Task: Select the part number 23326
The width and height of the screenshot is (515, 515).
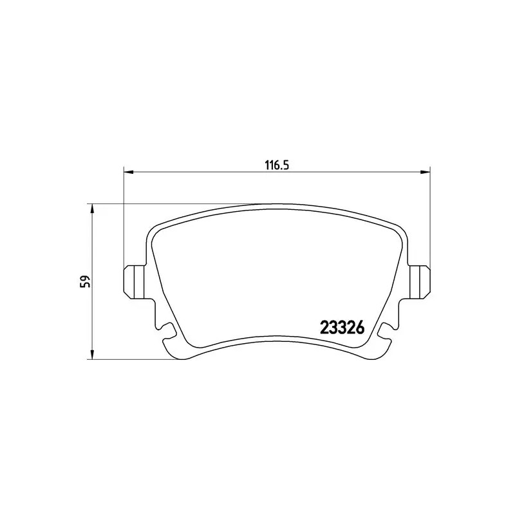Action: pos(342,328)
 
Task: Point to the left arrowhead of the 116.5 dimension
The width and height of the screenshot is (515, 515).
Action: pos(127,172)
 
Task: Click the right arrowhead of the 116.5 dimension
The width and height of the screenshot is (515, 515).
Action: pos(425,172)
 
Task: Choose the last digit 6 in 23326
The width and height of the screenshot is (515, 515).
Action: pos(360,328)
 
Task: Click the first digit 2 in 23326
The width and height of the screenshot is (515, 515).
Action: pos(324,328)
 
